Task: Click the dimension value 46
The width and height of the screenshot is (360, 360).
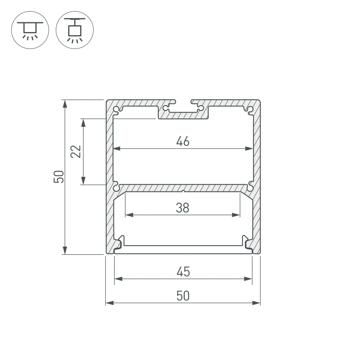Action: tap(183, 141)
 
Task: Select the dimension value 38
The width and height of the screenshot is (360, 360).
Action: tap(183, 208)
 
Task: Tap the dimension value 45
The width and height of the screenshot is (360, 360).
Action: tap(183, 272)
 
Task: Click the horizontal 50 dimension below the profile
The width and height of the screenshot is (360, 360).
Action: tap(183, 296)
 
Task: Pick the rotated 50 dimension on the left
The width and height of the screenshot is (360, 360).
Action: tap(59, 177)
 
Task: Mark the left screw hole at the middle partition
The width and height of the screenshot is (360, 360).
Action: tap(116, 187)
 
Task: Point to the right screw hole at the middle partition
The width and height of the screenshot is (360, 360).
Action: tap(250, 187)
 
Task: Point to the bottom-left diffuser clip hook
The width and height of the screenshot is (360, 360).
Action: tap(120, 242)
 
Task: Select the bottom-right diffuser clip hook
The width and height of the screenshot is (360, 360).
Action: tap(246, 242)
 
